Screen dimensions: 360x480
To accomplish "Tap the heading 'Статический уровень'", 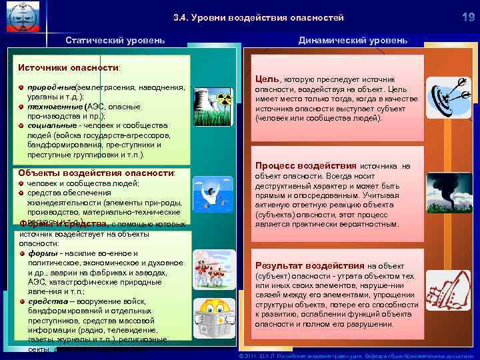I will (115, 40).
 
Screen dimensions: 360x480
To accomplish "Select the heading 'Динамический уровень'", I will (353, 40).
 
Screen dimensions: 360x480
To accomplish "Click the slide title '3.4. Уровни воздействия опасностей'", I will (258, 17).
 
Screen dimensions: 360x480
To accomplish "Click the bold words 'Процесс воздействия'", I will (306, 165).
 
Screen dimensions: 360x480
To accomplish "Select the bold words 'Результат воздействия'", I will (309, 265).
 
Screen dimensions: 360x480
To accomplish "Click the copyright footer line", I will (357, 355).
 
